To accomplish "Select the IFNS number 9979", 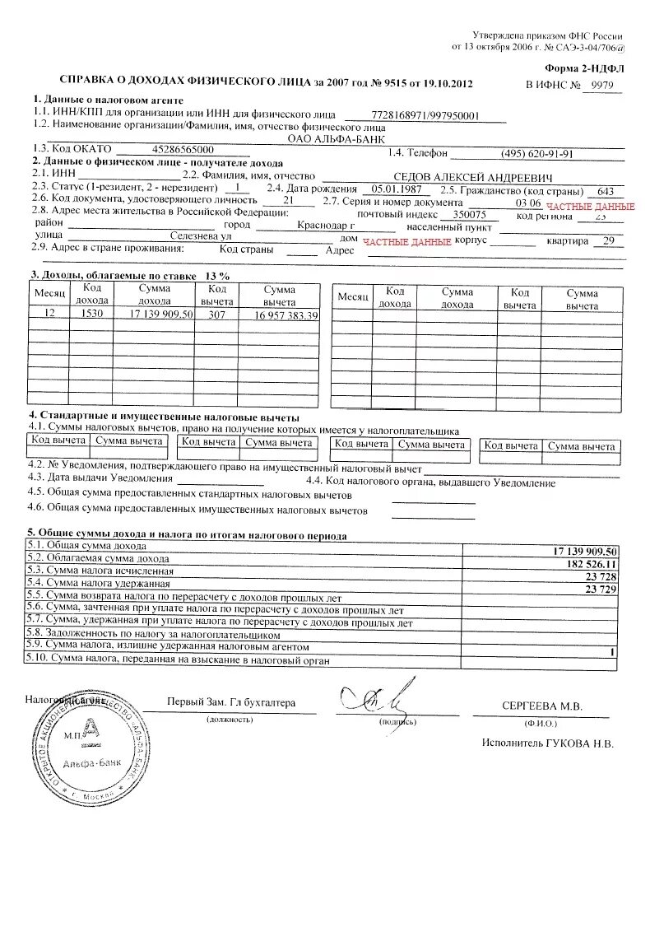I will click(601, 84).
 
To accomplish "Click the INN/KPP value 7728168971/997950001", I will click(425, 116).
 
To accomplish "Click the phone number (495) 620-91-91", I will click(536, 153).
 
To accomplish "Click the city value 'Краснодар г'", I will click(326, 225).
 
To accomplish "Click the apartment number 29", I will click(607, 240).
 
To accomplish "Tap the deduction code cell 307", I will click(216, 315).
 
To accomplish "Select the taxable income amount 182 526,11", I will click(588, 563).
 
